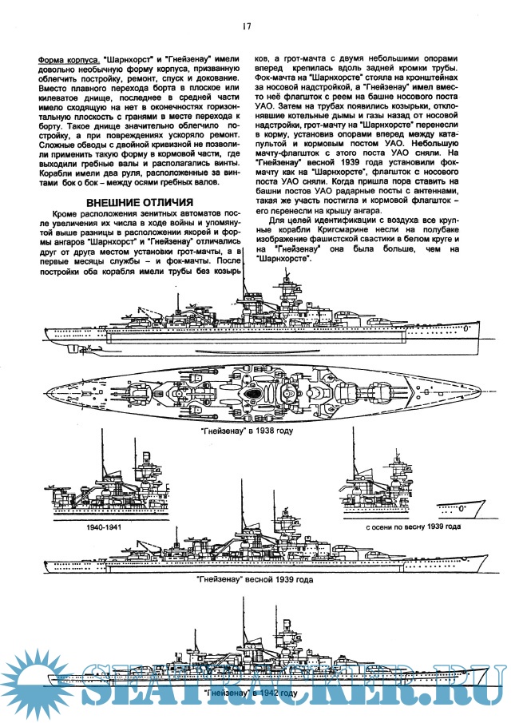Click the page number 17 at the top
pos(248,26)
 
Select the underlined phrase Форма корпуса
pos(69,61)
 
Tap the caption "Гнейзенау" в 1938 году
pos(249,430)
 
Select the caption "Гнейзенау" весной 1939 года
pos(254,578)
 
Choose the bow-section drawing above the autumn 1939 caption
pos(407,487)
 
